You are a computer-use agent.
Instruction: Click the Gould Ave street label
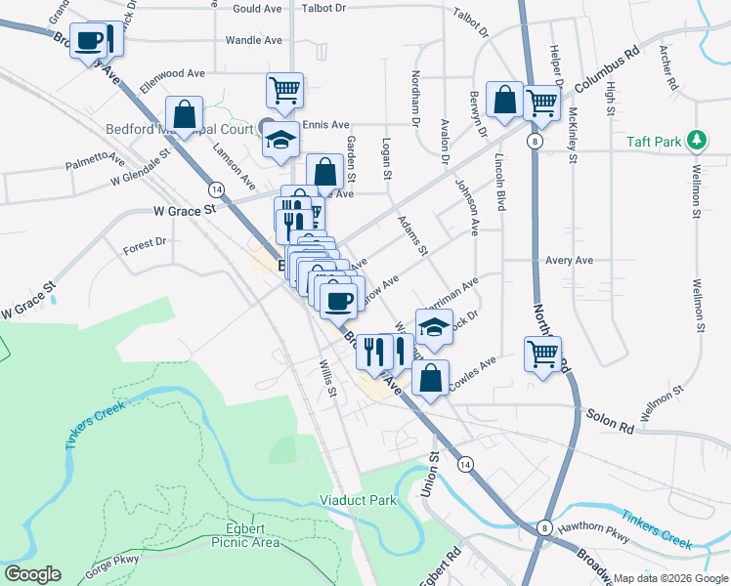coord(257,8)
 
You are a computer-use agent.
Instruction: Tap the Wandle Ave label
coord(253,40)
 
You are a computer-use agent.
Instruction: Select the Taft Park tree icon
coord(697,142)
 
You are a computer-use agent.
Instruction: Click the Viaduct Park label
coord(359,501)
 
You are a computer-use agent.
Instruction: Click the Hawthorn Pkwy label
coord(591,530)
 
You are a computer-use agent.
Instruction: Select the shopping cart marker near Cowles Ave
coord(543,354)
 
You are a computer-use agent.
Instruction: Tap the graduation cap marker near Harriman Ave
coord(435,326)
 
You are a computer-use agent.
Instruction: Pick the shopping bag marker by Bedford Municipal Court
coord(184,113)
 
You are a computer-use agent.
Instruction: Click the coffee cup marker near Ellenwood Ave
coord(88,41)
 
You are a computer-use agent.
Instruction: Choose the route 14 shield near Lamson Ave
coord(216,188)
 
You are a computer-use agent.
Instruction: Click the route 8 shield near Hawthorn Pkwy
coord(545,527)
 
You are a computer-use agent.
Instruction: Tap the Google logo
coord(32,574)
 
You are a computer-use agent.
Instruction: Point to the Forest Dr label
coord(146,241)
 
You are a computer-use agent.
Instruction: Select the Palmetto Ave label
coord(95,160)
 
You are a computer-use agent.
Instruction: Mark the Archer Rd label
coord(668,67)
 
